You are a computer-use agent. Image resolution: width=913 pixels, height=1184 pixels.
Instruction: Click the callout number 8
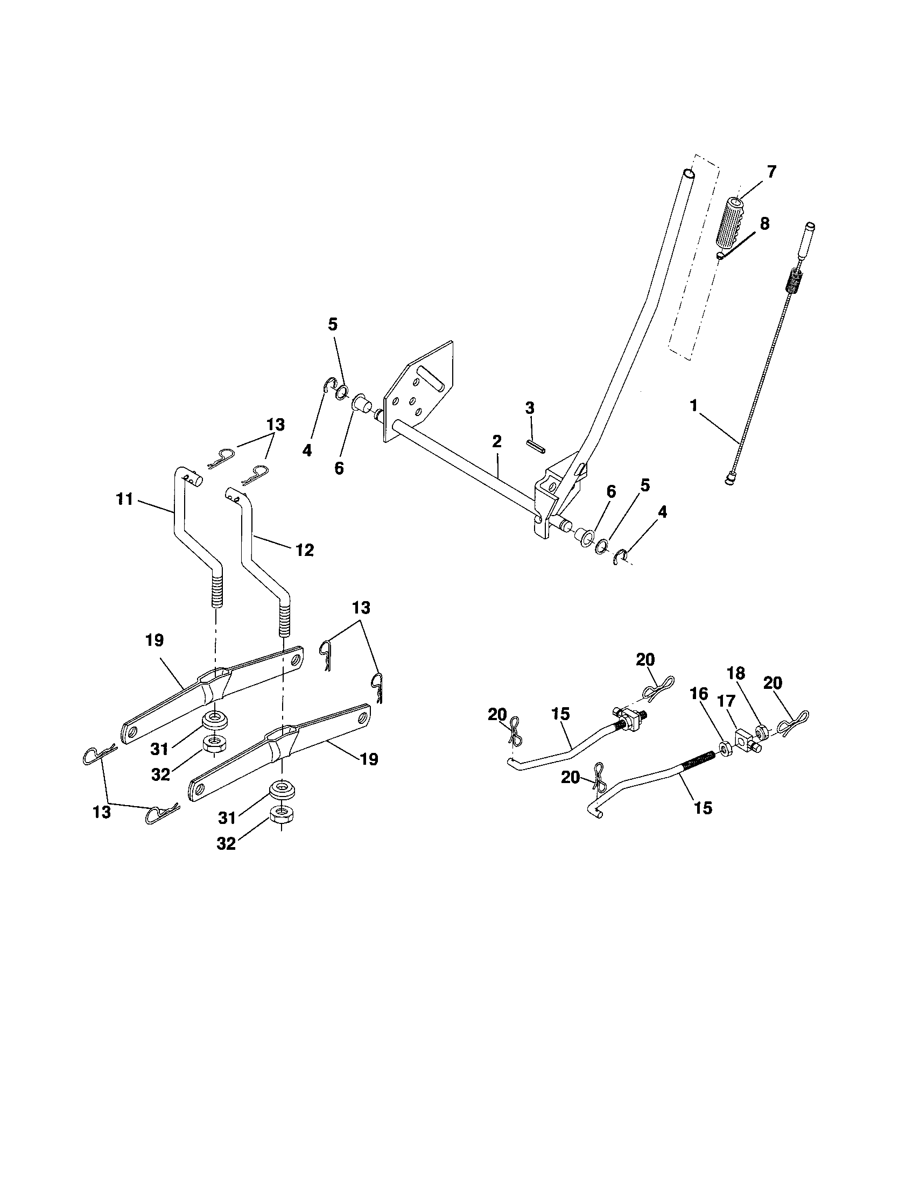click(x=764, y=224)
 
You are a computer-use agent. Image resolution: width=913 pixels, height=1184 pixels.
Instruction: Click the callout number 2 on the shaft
click(x=497, y=441)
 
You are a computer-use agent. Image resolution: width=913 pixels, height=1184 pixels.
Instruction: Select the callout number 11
click(x=125, y=499)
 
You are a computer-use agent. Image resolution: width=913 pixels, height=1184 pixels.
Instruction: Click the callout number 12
click(x=305, y=550)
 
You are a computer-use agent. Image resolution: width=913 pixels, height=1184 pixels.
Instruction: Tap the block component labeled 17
click(x=745, y=739)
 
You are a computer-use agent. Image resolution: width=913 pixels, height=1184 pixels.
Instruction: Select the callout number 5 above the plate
click(x=333, y=325)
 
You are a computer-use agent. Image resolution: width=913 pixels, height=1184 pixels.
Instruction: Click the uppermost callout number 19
click(x=154, y=640)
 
